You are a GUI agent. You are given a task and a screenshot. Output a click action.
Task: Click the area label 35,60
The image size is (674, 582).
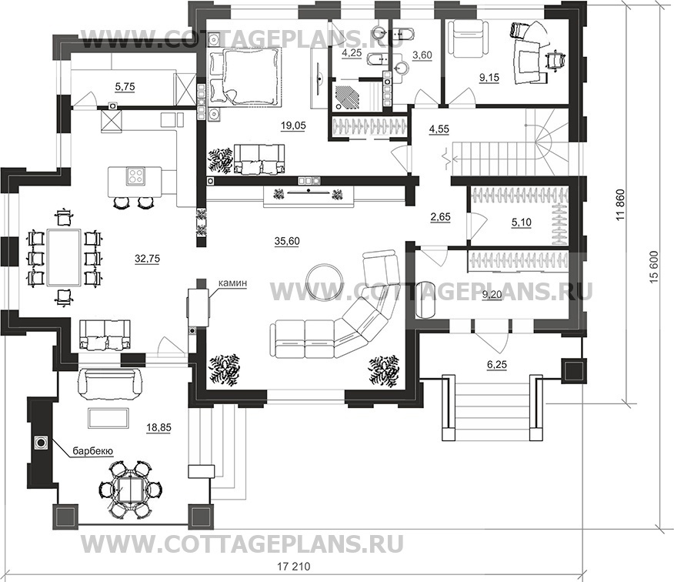(x=287, y=241)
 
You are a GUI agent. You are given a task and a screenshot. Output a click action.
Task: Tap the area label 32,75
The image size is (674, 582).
(x=147, y=259)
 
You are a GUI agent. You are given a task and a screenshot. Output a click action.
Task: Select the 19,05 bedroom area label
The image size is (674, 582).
(x=292, y=125)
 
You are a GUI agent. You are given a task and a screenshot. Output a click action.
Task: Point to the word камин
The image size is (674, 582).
(x=232, y=283)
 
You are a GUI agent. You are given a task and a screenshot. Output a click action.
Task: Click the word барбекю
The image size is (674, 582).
(x=93, y=451)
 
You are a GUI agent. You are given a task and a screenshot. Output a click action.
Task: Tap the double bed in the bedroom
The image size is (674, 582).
(x=245, y=76)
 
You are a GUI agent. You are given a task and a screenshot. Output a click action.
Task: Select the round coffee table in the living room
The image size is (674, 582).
(x=324, y=282)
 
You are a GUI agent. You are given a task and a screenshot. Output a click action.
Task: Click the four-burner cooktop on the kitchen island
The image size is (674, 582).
(x=136, y=176)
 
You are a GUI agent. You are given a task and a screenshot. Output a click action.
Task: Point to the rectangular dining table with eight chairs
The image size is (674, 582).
(x=65, y=257)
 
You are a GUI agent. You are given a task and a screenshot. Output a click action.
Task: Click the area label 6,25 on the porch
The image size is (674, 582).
(x=497, y=365)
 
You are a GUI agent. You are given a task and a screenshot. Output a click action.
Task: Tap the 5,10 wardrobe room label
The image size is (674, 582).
(x=522, y=222)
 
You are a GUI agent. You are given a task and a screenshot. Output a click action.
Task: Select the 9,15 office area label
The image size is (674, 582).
(x=489, y=78)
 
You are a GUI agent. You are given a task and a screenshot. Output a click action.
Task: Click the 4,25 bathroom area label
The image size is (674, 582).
(x=352, y=53)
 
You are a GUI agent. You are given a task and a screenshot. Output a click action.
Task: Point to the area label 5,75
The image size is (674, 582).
(x=125, y=87)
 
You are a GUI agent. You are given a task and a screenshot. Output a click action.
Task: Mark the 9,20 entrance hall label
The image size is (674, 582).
(x=492, y=295)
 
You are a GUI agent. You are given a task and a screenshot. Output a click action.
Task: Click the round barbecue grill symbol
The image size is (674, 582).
(x=42, y=442)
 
